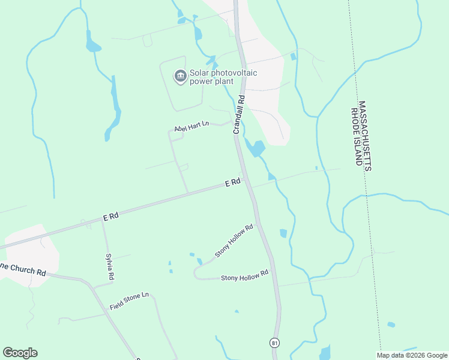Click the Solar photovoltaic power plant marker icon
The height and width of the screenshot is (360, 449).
coord(179,77)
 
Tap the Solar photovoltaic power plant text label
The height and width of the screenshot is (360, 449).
coord(223,77)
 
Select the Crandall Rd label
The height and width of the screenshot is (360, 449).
coord(239,115)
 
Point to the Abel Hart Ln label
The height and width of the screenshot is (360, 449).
coord(191,127)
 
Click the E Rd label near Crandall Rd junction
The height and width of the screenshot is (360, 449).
coord(233,182)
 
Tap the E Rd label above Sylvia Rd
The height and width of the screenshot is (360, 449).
coord(110,217)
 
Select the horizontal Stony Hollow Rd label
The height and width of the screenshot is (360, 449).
coord(244,277)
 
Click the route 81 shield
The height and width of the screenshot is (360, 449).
coord(274,343)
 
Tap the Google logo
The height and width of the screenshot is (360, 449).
coord(20,353)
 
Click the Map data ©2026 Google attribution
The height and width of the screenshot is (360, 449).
coord(412,355)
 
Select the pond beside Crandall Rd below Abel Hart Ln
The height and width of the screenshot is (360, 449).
coord(256,148)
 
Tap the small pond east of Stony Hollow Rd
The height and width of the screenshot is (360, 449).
coord(283,233)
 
